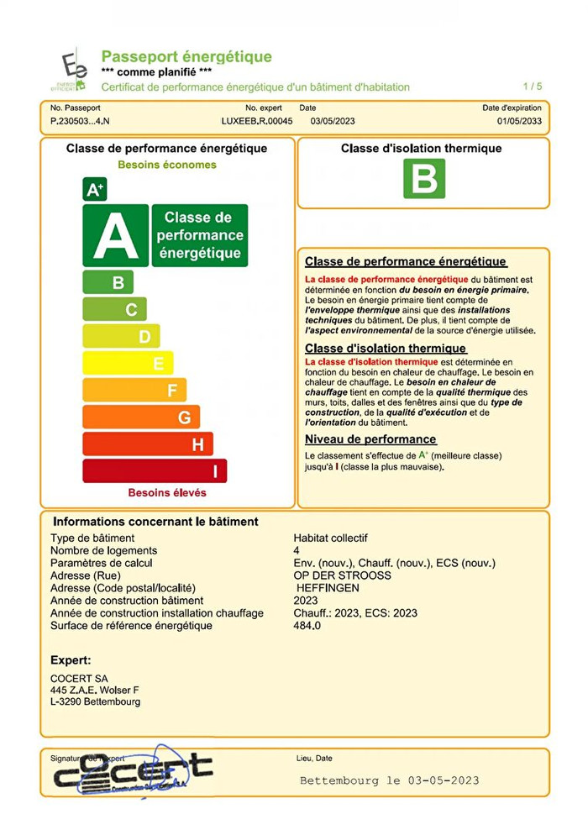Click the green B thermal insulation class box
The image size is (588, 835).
423,178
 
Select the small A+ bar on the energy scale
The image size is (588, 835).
94,190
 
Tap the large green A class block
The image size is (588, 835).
115,235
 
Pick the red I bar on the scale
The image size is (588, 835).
155,470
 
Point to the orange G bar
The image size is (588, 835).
141,417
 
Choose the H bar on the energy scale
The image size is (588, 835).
148,444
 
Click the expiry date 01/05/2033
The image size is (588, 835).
519,121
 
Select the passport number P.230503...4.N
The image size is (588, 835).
81,121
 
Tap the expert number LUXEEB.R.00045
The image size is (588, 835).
256,121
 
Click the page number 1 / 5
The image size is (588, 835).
533,87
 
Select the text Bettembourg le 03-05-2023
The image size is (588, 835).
389,780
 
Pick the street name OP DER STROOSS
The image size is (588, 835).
342,575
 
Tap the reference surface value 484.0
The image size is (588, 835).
307,626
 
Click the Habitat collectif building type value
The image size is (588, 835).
330,538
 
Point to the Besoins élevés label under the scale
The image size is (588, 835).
167,492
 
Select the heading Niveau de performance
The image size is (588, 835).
370,439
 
